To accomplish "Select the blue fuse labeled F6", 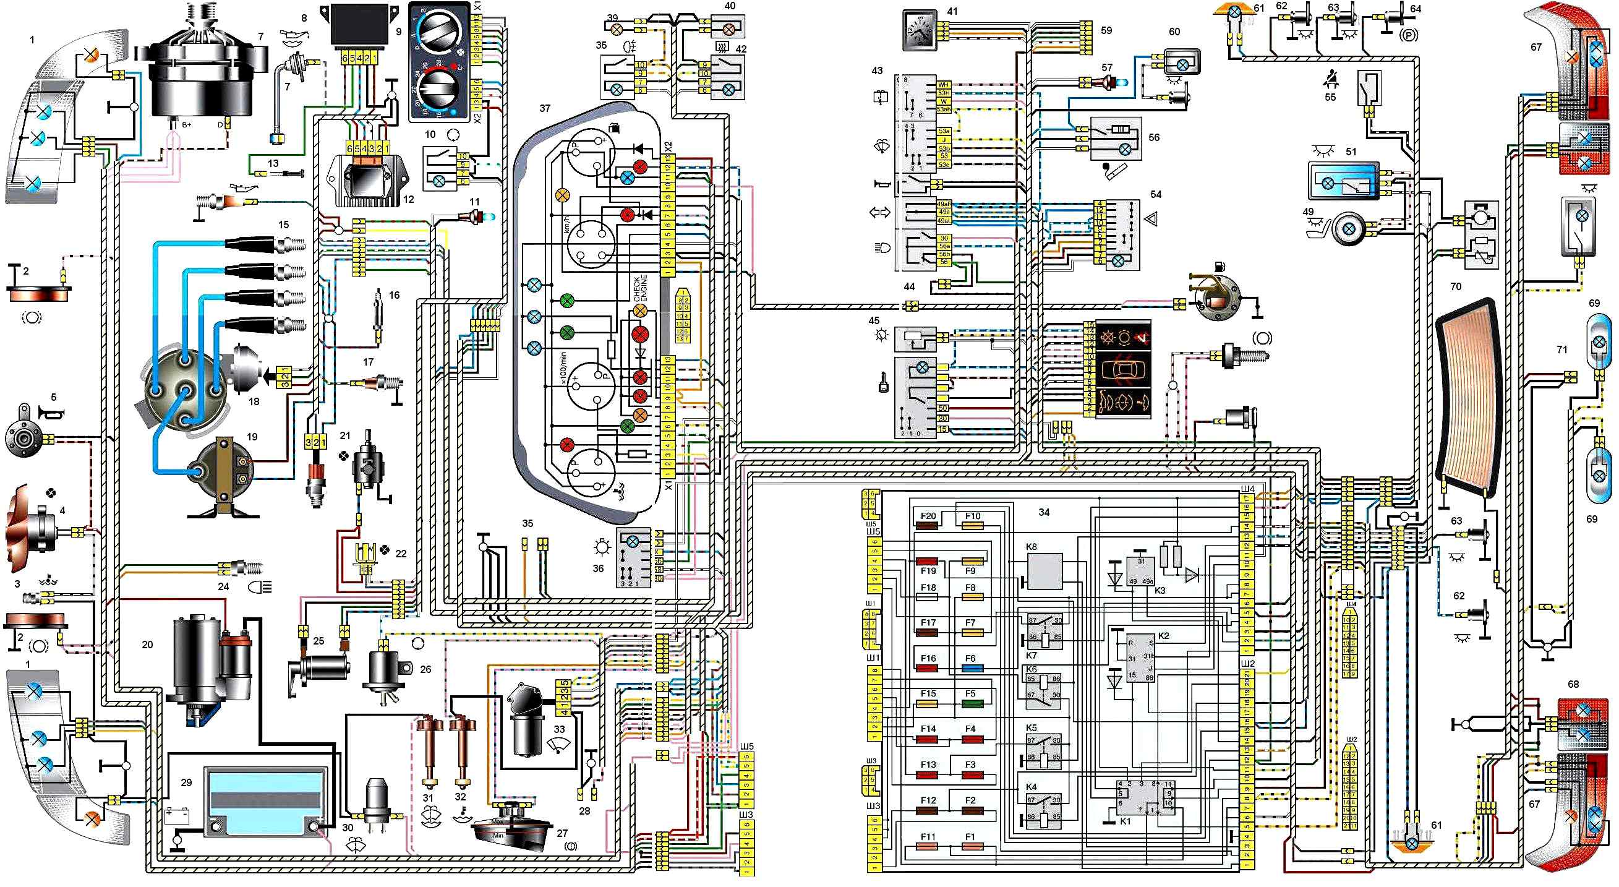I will pyautogui.click(x=972, y=668).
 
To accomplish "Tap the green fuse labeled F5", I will pyautogui.click(x=972, y=703).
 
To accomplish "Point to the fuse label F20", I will pyautogui.click(x=928, y=516).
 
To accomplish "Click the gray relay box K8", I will pyautogui.click(x=1044, y=570).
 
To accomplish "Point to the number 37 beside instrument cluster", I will pyautogui.click(x=544, y=108).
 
